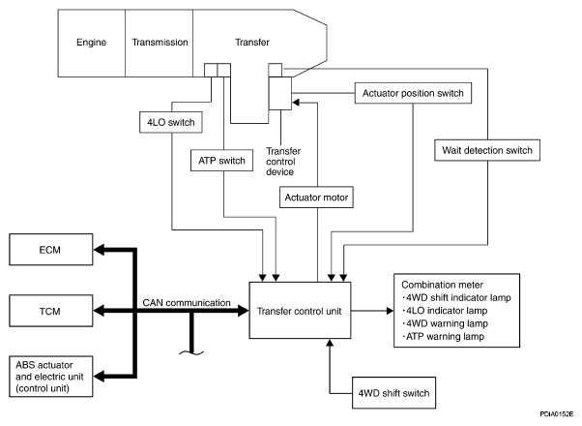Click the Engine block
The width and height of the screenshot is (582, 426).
pyautogui.click(x=91, y=44)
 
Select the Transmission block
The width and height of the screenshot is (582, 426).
pyautogui.click(x=159, y=44)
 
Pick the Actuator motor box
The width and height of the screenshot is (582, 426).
pyautogui.click(x=316, y=198)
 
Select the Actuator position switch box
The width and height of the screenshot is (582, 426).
pyautogui.click(x=414, y=94)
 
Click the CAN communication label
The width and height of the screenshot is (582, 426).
pyautogui.click(x=188, y=302)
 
